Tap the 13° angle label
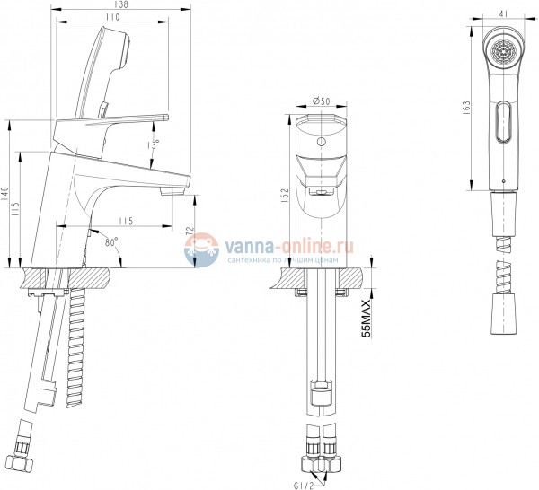tap(155, 143)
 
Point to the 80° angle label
tap(112, 241)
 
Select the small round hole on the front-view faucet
tap(321, 143)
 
